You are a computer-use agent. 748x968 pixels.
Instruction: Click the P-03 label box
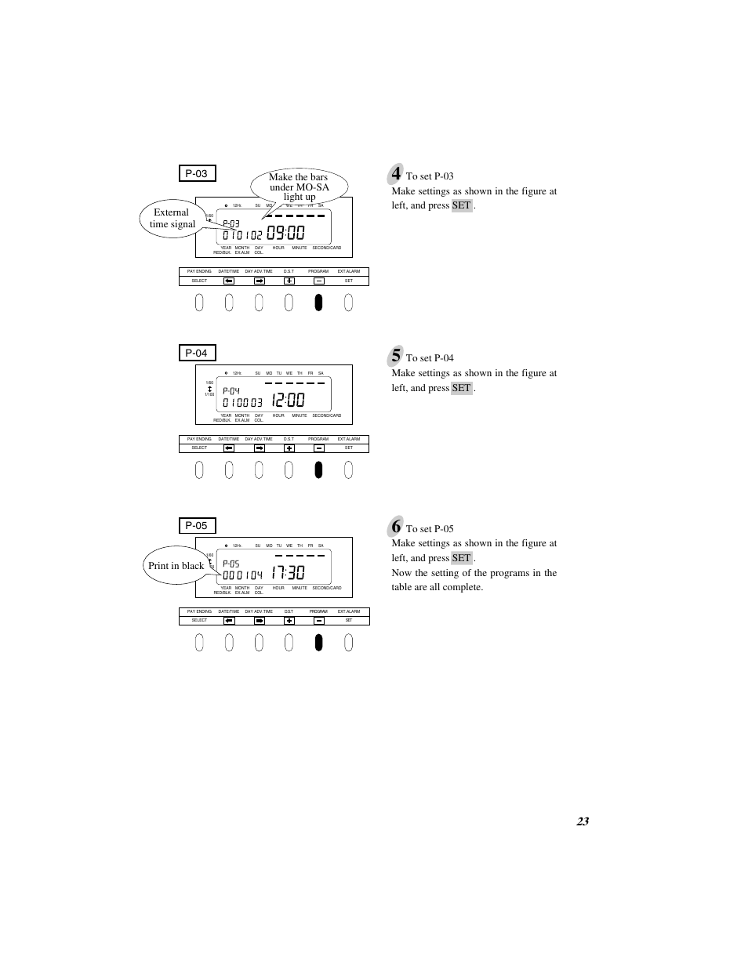[x=197, y=173]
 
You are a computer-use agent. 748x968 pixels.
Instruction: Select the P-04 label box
[x=197, y=353]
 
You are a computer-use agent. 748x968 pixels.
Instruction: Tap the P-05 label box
[x=197, y=525]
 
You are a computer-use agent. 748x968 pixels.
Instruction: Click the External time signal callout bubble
[x=172, y=218]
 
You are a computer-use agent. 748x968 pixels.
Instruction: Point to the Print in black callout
[x=176, y=565]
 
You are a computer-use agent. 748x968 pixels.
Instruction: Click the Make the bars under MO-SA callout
[x=299, y=187]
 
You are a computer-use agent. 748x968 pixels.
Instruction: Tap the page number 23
[x=582, y=821]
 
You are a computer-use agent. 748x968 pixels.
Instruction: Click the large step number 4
[x=396, y=173]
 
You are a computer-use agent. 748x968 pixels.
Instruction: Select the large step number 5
[x=396, y=355]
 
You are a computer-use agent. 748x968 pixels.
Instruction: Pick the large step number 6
[x=396, y=526]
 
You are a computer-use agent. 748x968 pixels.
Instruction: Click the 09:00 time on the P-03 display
[x=285, y=234]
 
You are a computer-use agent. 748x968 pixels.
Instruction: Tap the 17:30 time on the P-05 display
[x=288, y=574]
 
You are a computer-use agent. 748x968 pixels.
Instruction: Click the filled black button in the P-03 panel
[x=318, y=302]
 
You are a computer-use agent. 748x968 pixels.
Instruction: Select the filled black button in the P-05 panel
[x=318, y=642]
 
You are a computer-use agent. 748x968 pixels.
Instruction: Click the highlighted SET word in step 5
[x=462, y=388]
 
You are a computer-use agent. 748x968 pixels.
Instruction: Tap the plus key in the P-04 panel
[x=289, y=448]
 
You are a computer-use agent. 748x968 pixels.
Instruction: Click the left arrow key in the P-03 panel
[x=229, y=281]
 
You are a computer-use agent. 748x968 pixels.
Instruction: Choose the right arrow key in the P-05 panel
[x=260, y=621]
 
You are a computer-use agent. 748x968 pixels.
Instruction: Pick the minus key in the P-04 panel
[x=319, y=448]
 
